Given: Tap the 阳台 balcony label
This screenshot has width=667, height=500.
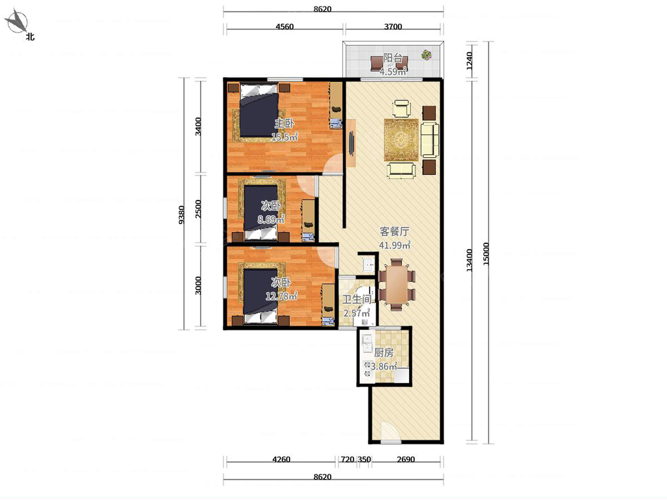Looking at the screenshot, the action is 393,58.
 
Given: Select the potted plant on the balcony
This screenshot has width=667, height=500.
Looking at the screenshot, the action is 426,54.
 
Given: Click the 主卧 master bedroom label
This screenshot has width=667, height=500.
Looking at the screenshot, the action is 284,123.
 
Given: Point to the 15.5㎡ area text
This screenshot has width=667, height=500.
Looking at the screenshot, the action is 285,137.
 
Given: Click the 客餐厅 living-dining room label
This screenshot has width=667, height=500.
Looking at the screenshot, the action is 395,232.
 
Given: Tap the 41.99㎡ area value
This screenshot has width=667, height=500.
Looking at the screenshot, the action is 395,244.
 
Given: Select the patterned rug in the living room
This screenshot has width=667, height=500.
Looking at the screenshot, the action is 401,140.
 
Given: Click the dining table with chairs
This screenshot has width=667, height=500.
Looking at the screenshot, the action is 397,284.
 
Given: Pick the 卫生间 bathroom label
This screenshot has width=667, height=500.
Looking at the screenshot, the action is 357,299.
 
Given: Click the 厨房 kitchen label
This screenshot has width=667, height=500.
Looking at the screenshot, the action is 384,353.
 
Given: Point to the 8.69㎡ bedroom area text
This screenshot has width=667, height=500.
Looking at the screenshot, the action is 271,219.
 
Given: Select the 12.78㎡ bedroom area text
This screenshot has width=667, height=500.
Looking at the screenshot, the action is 281,296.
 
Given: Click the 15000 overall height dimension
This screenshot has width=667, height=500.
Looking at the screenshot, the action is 486,254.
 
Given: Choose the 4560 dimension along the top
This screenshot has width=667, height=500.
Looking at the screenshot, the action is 285,27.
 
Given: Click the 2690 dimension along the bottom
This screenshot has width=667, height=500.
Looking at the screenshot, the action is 406,459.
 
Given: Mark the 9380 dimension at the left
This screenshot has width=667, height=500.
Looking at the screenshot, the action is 181,215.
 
